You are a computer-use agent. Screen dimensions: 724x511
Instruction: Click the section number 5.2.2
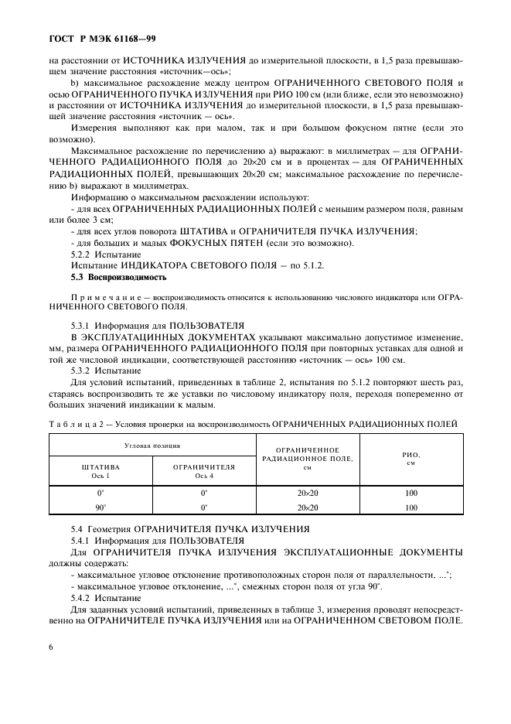(x=83, y=254)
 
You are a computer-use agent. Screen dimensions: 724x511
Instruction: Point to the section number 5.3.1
(x=83, y=326)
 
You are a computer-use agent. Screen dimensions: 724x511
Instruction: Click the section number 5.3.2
(x=83, y=370)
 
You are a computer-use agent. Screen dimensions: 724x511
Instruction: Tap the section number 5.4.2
(x=83, y=598)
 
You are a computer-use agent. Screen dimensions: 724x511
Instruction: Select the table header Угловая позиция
(x=153, y=446)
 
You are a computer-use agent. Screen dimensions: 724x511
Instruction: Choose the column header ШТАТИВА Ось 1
(x=101, y=472)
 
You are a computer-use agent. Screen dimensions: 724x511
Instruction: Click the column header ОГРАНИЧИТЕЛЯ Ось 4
(x=205, y=472)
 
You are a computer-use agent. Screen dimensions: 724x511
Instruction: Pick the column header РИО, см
(x=411, y=459)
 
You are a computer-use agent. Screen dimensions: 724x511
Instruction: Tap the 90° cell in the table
(x=100, y=508)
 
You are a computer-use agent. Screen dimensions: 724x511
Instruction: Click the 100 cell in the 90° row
(x=411, y=508)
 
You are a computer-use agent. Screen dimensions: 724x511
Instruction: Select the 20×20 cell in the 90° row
(x=308, y=508)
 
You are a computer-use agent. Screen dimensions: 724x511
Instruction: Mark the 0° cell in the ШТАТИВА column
(x=100, y=493)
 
